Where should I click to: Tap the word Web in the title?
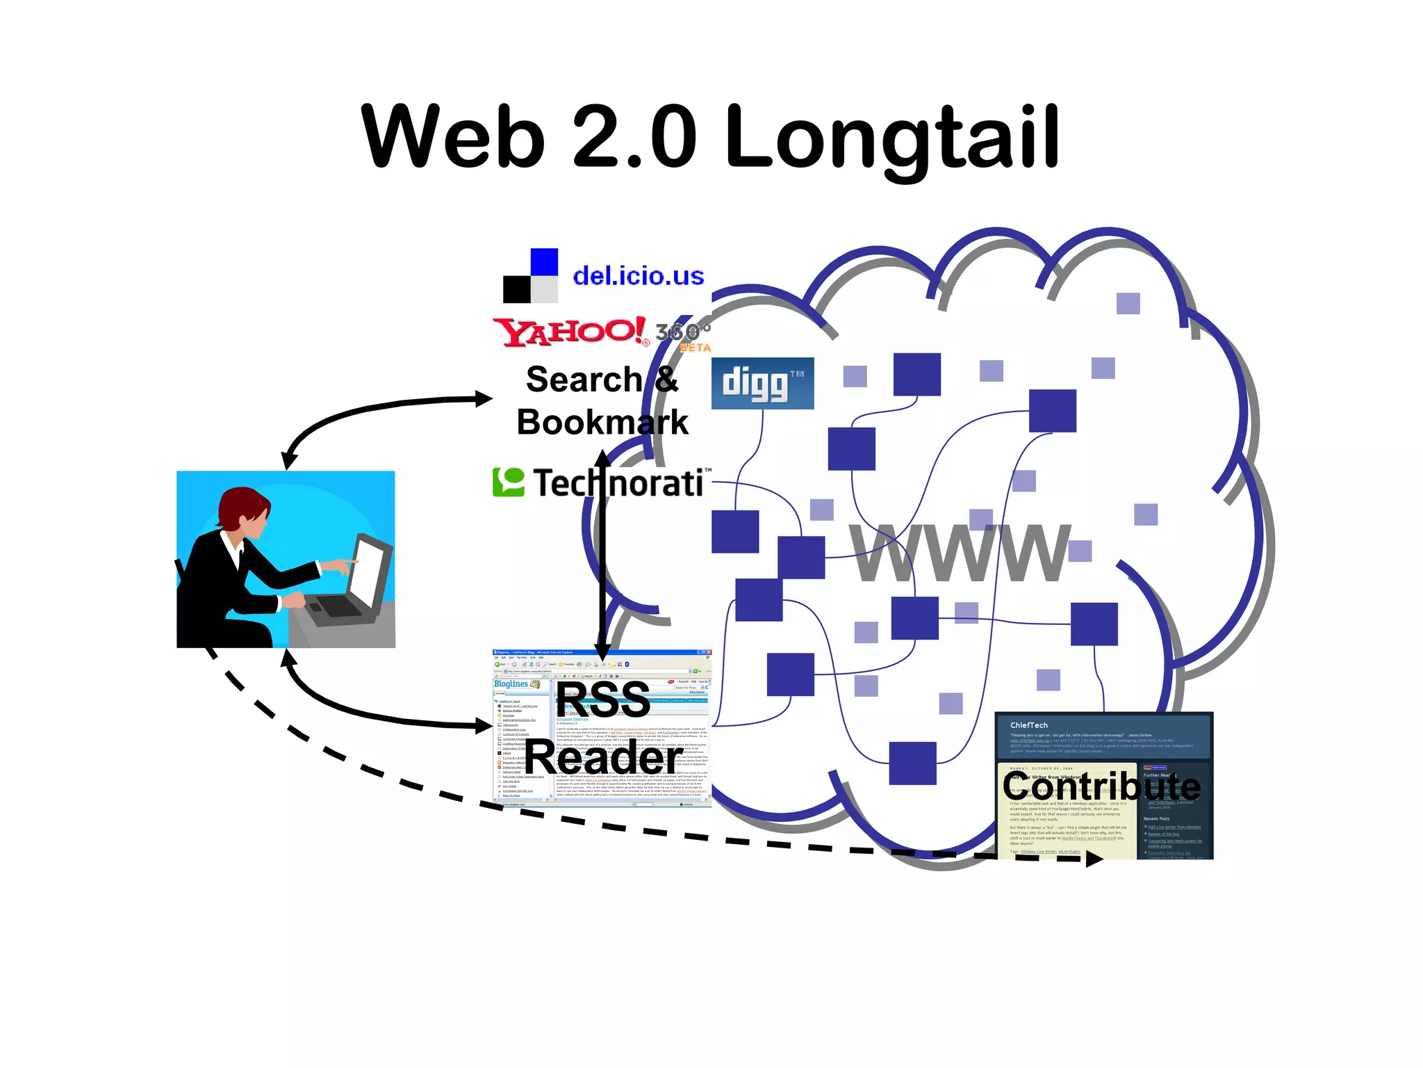(x=452, y=137)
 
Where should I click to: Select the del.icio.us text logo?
(x=638, y=276)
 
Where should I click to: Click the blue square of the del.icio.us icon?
(x=544, y=262)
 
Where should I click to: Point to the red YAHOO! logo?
(x=569, y=332)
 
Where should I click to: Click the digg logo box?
(x=762, y=383)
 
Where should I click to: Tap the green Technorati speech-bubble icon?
(x=509, y=482)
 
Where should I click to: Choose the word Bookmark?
(x=602, y=422)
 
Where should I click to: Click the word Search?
(x=584, y=380)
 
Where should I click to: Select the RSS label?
(x=602, y=699)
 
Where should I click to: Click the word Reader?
(x=603, y=757)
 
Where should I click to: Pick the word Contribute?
(x=1101, y=786)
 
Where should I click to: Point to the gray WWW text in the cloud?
(x=960, y=552)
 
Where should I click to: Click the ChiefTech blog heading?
(x=1029, y=725)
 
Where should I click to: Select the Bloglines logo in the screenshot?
(x=511, y=684)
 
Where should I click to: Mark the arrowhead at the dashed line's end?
(x=1094, y=859)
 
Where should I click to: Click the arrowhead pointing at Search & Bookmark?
(x=484, y=398)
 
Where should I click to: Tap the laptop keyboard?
(x=338, y=606)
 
